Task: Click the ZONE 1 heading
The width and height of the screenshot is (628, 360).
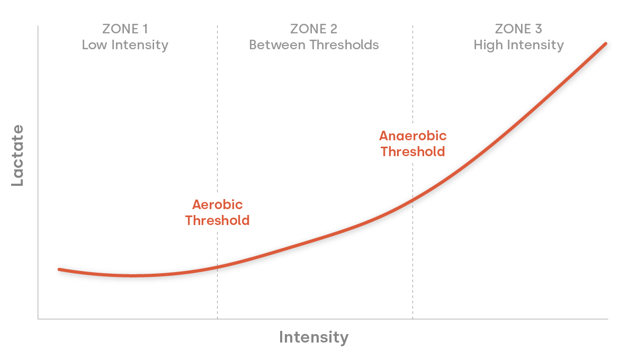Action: (125, 29)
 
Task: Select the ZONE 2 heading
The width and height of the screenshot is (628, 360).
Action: (314, 29)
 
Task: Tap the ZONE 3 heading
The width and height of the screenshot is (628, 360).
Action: (518, 29)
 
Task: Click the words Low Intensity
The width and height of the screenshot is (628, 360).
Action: (125, 45)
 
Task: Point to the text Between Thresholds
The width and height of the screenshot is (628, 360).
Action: (314, 45)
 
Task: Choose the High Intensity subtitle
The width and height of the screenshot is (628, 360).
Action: (518, 45)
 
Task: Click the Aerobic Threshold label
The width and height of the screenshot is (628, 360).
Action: (217, 212)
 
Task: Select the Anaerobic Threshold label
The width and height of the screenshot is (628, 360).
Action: (412, 143)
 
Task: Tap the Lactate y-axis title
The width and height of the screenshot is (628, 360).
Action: (18, 155)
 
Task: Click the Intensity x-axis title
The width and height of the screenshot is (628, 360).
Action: (313, 337)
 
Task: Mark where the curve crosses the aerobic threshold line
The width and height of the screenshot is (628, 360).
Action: (217, 267)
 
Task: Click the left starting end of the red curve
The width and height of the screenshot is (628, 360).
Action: (59, 269)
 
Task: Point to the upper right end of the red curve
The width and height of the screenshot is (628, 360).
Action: (605, 43)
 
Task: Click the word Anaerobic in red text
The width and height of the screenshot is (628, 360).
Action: (412, 136)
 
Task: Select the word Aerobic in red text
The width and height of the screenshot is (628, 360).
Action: (217, 205)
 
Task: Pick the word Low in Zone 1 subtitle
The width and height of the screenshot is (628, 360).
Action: (93, 45)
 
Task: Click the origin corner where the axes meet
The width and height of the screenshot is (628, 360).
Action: (38, 319)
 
